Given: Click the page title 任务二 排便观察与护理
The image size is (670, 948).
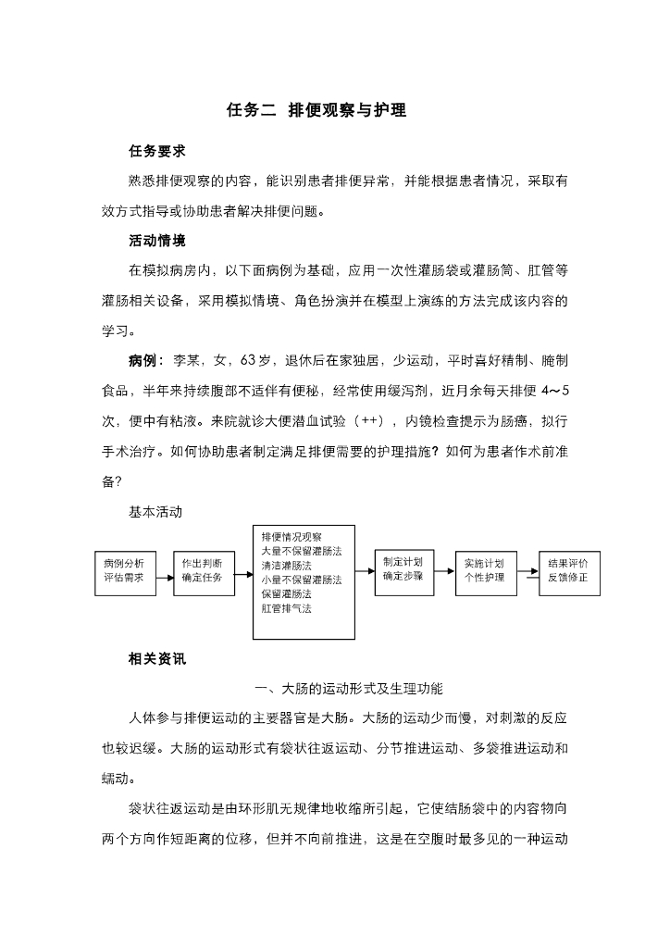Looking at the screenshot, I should click(x=316, y=110).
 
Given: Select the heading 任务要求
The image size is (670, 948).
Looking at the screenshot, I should click(x=156, y=151).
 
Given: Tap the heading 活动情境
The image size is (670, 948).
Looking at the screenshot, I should click(x=156, y=241).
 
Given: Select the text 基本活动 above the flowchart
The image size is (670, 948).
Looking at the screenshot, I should click(x=156, y=511).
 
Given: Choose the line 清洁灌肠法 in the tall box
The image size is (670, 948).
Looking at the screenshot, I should click(x=287, y=565).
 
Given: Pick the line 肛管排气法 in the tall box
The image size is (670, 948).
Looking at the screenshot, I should click(x=287, y=609).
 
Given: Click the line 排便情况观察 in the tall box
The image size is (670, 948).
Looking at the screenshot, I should click(x=292, y=536).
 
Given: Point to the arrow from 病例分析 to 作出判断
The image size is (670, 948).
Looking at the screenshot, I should click(x=165, y=576).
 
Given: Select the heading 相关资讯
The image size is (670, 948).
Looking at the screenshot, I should click(x=156, y=660).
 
